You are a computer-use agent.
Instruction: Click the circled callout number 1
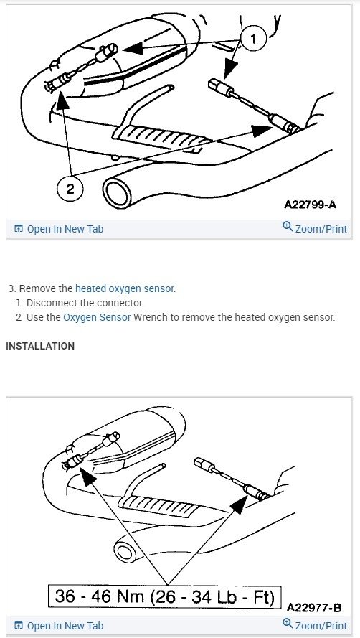(253, 39)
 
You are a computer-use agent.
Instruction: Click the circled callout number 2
(70, 189)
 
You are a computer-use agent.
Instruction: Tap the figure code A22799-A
(310, 205)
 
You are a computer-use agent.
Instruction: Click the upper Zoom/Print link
(315, 229)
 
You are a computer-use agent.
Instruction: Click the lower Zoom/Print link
(315, 626)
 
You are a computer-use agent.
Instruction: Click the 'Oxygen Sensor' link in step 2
(97, 317)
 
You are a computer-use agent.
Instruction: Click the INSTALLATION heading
(40, 346)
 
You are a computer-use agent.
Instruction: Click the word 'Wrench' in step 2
(151, 317)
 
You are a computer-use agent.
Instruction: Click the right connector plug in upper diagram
(217, 85)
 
